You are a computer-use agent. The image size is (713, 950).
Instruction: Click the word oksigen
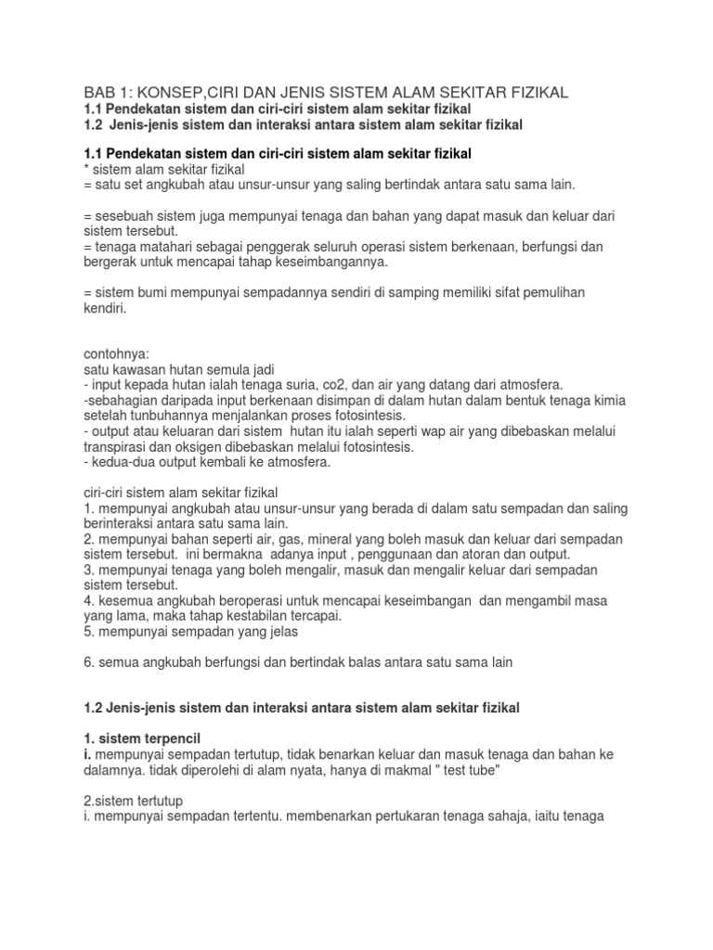tap(212, 446)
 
